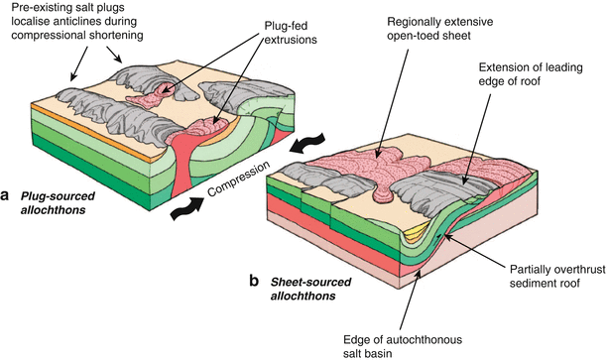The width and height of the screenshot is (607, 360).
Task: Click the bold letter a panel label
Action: pos(7,194)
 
